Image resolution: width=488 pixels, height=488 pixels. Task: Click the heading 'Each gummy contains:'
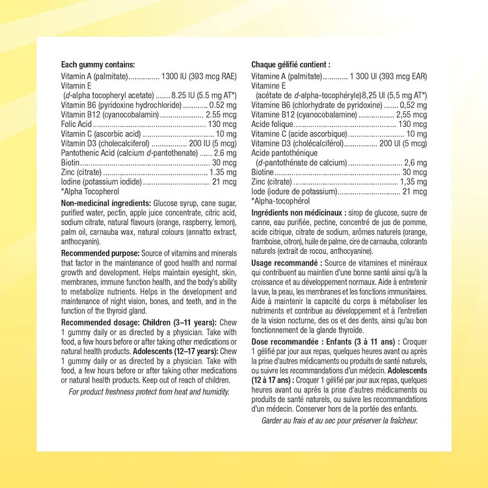coord(98,64)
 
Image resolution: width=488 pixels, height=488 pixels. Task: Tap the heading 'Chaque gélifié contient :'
coord(291,64)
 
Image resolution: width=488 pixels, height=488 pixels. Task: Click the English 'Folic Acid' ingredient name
coord(76,124)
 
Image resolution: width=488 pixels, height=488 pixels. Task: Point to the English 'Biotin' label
coord(71,163)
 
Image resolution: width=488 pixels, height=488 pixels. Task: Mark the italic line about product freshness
coord(149,391)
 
